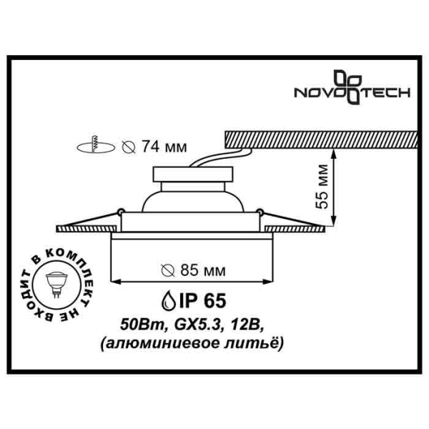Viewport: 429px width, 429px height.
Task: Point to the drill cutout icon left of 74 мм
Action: point(94,147)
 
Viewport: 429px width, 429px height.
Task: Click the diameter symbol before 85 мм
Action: point(167,271)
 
